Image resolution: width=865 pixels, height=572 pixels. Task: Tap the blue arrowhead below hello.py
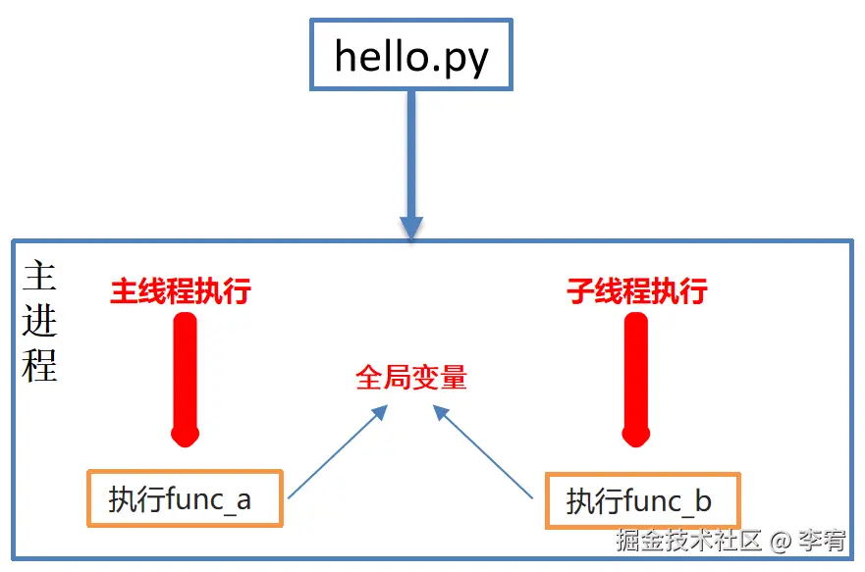tap(411, 226)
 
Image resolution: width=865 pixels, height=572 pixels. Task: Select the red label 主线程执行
tap(181, 291)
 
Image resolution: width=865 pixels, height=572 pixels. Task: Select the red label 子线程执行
tap(637, 291)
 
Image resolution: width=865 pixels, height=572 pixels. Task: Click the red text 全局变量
tap(411, 378)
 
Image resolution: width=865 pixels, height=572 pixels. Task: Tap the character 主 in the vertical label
tap(39, 277)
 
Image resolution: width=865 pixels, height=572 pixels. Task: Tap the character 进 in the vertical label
tap(39, 321)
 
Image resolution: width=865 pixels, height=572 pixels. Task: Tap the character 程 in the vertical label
tap(39, 365)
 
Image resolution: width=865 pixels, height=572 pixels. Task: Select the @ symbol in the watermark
tap(781, 541)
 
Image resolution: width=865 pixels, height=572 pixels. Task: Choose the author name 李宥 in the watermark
tap(822, 541)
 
